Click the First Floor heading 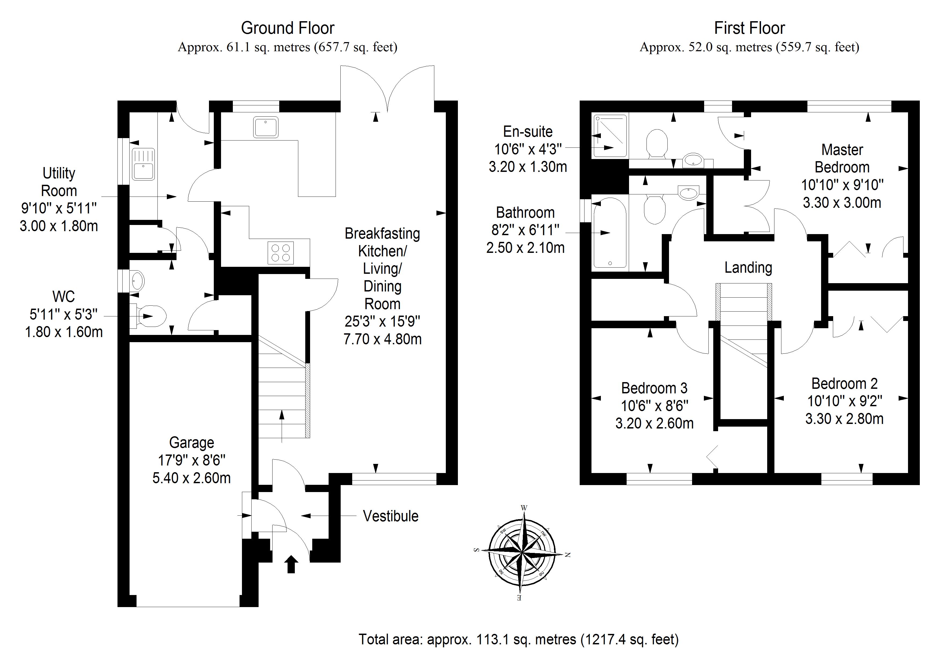pos(749,28)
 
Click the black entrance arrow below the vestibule pos(291,564)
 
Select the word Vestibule pos(391,516)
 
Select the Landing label pos(748,268)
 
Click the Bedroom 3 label pos(654,388)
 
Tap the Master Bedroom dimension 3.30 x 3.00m pos(842,202)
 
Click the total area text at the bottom pos(519,639)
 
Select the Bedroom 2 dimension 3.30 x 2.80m pos(844,419)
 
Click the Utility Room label pos(59,182)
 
